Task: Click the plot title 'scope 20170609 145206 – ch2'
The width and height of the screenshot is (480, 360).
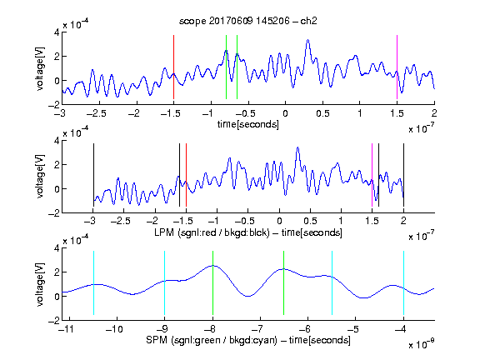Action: [248, 21]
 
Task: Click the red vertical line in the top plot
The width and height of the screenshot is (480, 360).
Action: [174, 67]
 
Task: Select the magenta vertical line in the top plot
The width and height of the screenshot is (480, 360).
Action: [397, 67]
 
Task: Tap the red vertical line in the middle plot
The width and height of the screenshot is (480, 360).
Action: [186, 175]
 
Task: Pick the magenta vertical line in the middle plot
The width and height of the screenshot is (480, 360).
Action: [372, 175]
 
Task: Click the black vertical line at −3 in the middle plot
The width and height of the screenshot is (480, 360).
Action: [93, 175]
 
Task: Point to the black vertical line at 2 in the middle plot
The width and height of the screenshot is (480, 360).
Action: [403, 175]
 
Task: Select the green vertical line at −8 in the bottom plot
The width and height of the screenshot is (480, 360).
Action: [212, 282]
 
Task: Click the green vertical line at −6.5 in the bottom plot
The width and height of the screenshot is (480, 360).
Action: [284, 282]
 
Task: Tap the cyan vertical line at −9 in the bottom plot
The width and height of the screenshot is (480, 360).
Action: [165, 282]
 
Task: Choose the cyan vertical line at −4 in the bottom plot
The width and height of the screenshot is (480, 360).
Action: [403, 282]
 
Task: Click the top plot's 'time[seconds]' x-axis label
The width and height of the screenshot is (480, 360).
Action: [248, 124]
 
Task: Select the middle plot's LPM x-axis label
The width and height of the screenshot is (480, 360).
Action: [248, 232]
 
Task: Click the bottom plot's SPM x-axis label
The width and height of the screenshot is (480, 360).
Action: [248, 340]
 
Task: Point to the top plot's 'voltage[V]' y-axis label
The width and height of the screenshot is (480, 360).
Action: [39, 69]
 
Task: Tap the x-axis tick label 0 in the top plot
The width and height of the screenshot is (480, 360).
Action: [285, 113]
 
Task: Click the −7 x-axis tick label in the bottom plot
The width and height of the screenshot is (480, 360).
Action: [257, 329]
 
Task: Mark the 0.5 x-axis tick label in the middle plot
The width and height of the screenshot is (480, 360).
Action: [310, 221]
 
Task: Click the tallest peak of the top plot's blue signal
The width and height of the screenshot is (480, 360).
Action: [308, 40]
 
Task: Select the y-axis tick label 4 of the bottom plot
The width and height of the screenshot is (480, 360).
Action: [57, 248]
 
